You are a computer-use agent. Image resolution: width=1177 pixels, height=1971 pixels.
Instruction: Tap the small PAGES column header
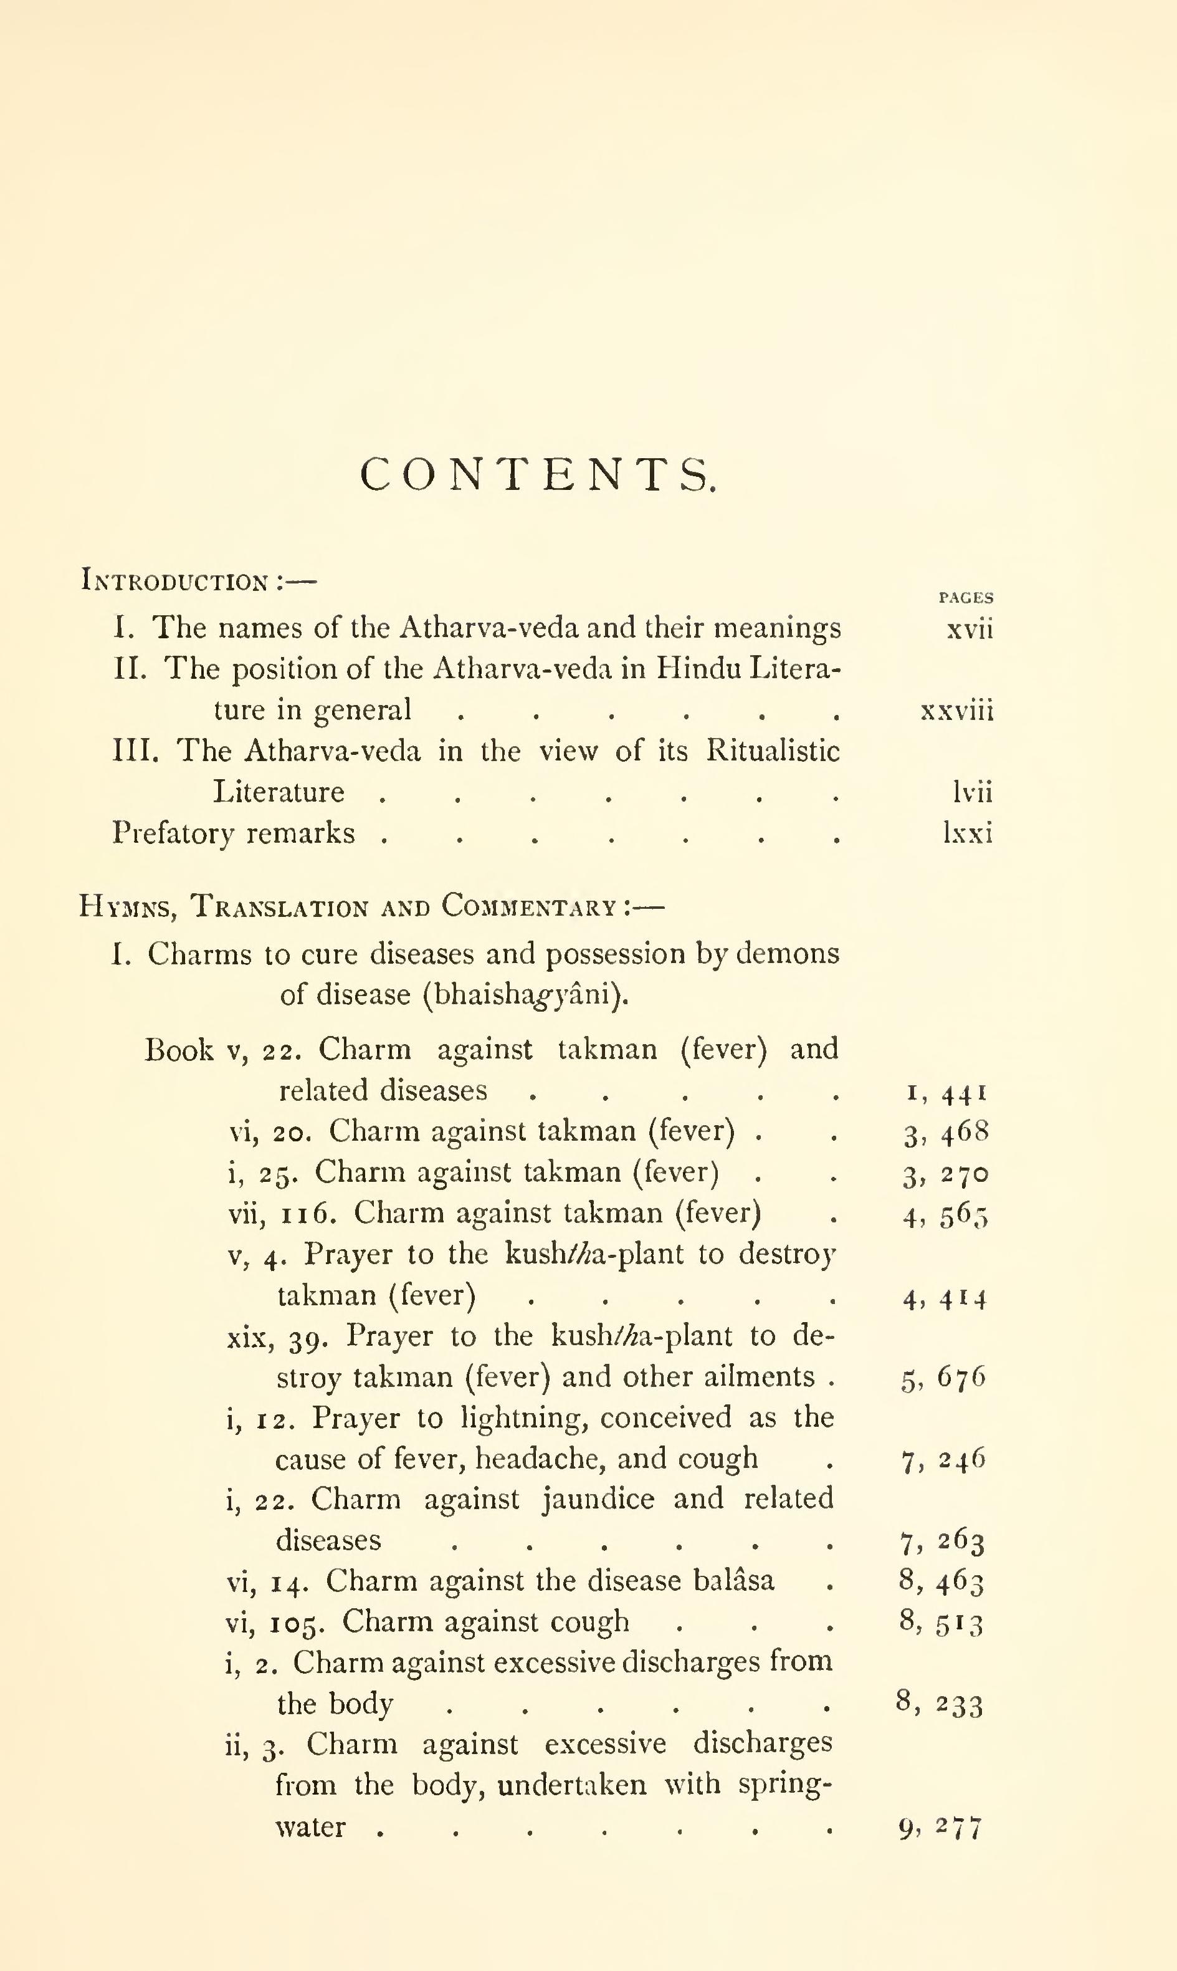pos(965,598)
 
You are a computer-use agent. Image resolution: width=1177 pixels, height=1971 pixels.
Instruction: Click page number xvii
pos(969,629)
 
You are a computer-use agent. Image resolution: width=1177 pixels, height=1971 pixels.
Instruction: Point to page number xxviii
pos(956,710)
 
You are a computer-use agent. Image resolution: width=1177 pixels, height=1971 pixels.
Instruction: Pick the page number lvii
pos(971,792)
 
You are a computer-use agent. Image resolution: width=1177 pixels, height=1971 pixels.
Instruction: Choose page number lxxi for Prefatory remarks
pos(968,833)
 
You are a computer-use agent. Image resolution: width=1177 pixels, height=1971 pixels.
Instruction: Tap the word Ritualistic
pos(773,750)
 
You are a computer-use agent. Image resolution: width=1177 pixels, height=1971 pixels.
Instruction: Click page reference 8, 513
pos(941,1622)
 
